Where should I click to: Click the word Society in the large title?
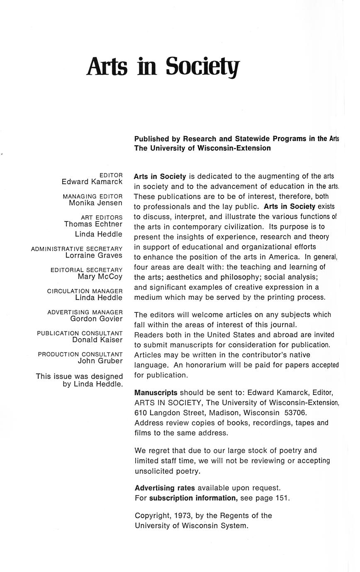coord(202,66)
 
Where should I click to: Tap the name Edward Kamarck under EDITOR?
coord(92,182)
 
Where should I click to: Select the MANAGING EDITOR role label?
coord(92,196)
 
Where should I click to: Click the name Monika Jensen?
coord(95,203)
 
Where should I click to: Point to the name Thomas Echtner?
coord(93,224)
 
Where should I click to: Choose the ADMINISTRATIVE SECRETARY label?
coord(77,249)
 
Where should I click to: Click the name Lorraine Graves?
coord(94,256)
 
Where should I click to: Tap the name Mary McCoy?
coord(100,277)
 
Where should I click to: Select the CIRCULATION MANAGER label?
coord(85,291)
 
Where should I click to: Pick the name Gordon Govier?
coord(96,319)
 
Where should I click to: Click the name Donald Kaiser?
coord(97,340)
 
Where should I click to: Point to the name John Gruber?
coord(100,361)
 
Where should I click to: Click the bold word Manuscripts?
coord(156,392)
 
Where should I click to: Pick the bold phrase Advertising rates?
coord(165,488)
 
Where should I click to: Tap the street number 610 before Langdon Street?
coord(141,413)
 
